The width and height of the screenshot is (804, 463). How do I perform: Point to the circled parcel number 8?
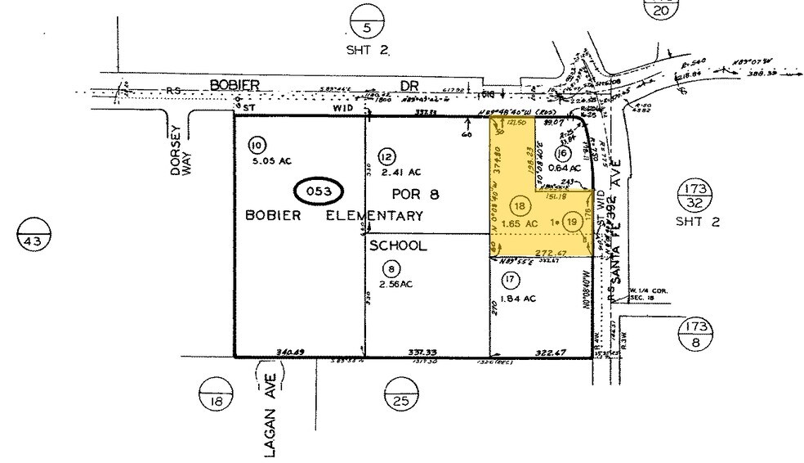395,267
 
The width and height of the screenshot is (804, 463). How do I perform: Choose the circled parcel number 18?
518,206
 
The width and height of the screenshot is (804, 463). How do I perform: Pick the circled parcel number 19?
572,220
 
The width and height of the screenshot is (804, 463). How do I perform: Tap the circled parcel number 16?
561,153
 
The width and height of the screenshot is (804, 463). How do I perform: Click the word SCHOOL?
398,245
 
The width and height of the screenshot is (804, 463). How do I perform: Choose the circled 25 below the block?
400,400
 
